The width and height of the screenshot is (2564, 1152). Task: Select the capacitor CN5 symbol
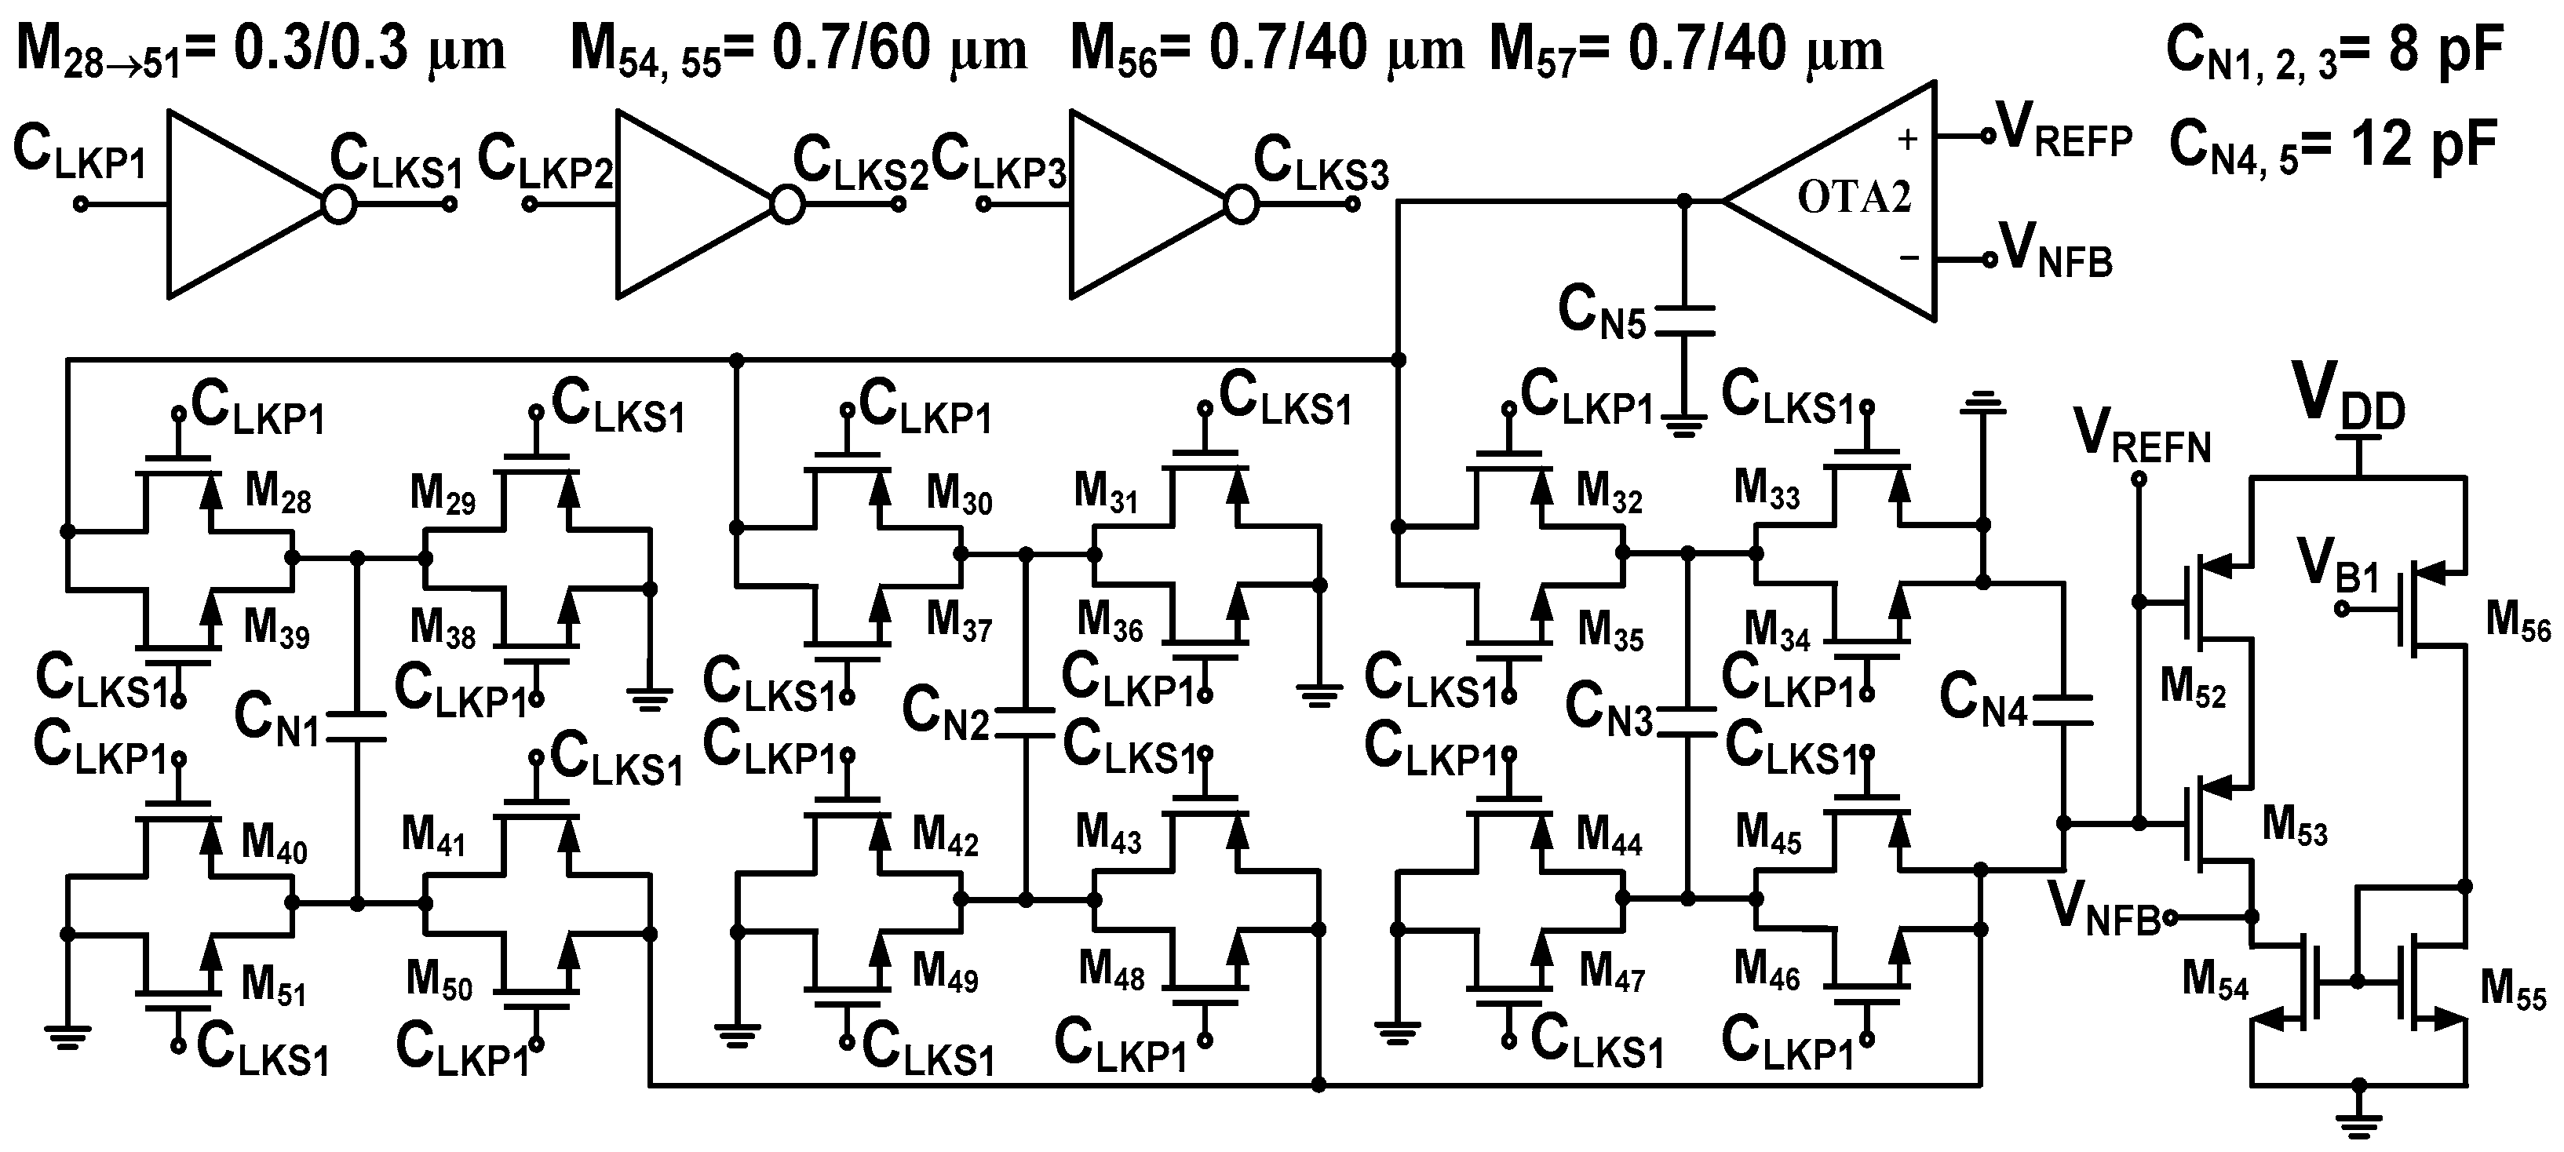1683,321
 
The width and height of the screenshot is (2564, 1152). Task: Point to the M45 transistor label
1767,833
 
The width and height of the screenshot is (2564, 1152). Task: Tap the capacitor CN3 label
1608,709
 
